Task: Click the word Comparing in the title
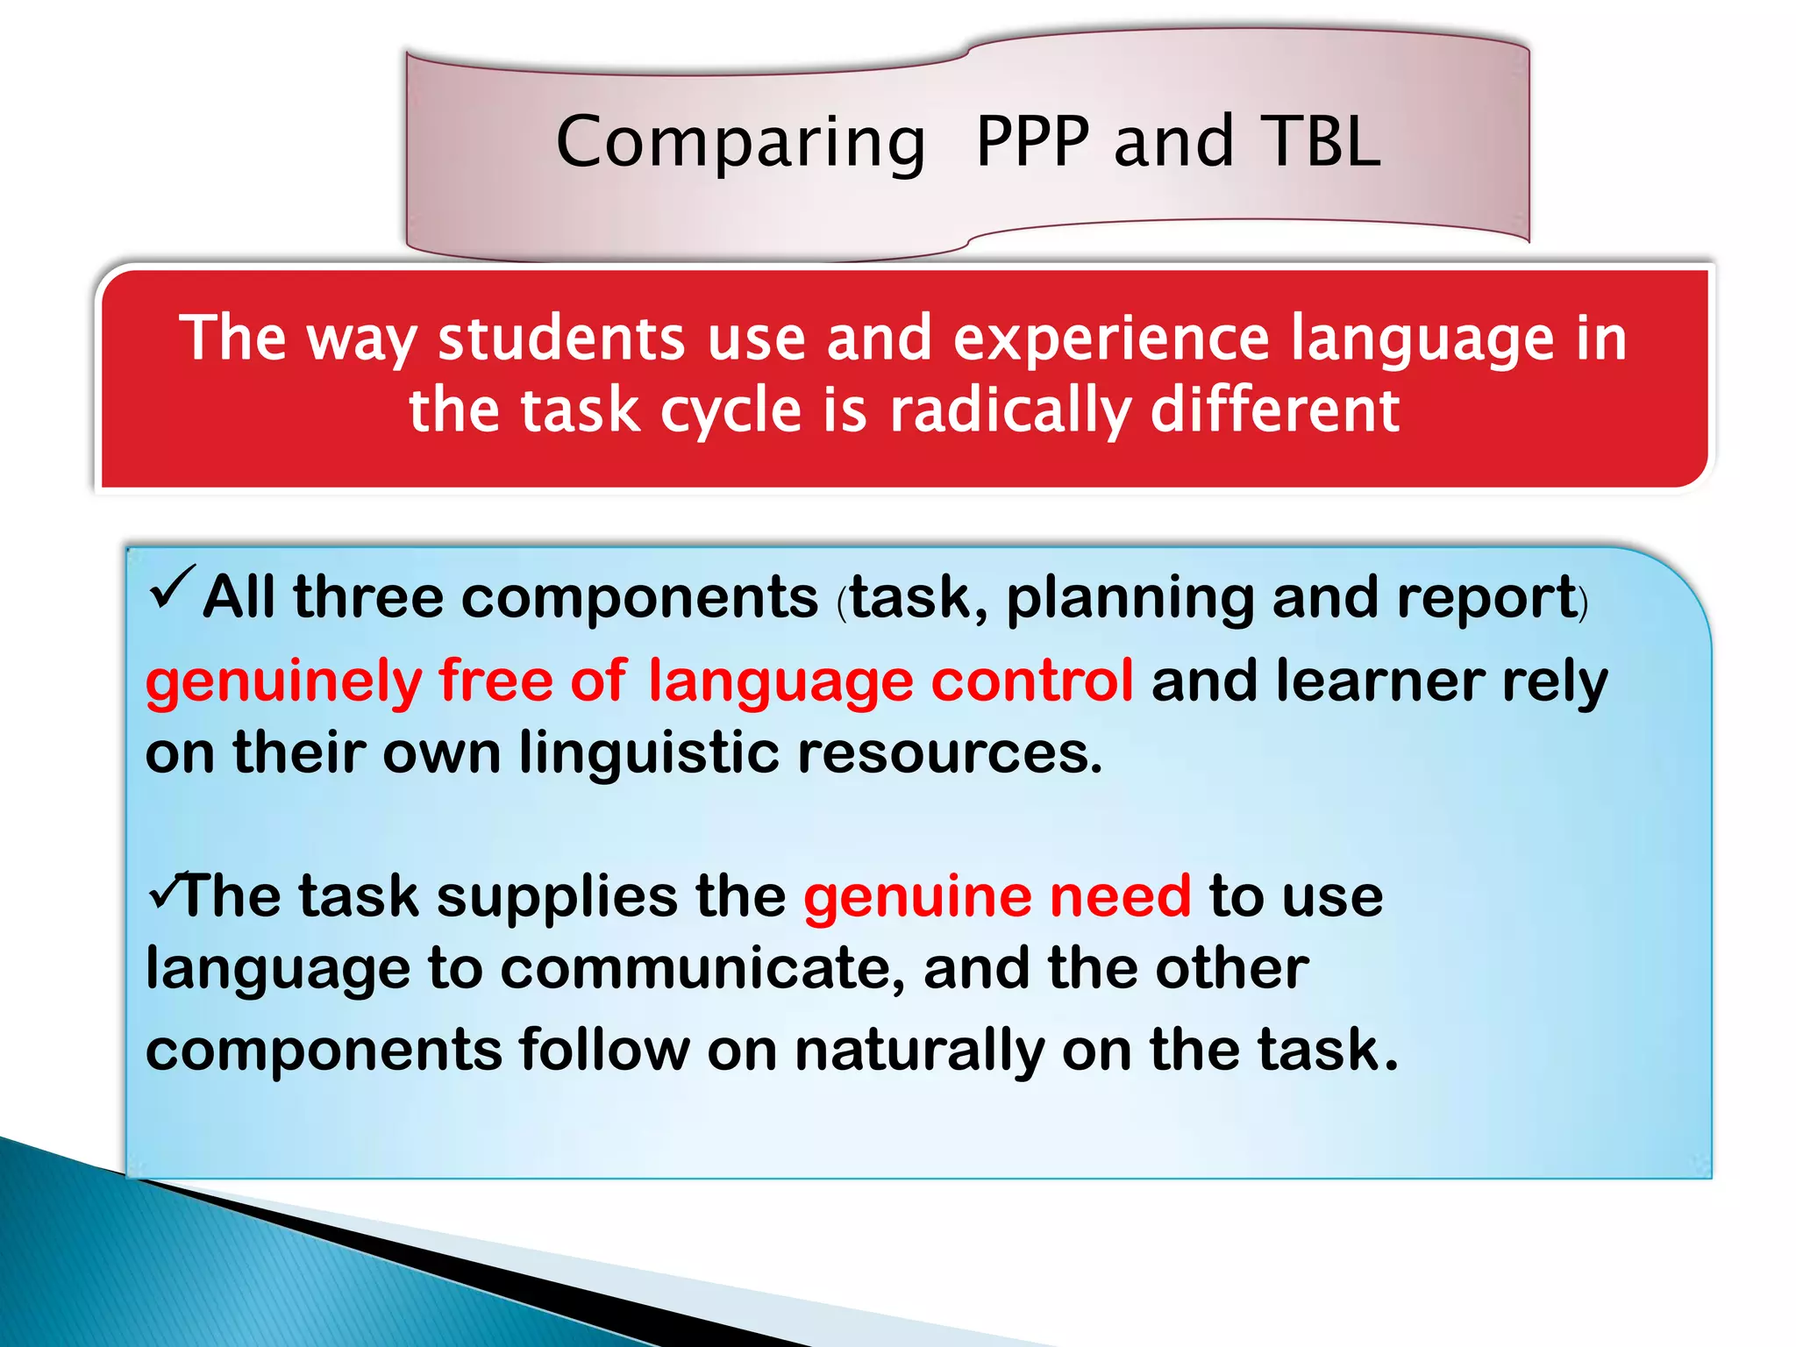point(741,144)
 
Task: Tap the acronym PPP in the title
point(1032,142)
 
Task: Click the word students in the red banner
point(561,339)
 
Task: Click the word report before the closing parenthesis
point(1487,598)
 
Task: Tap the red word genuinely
point(284,683)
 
